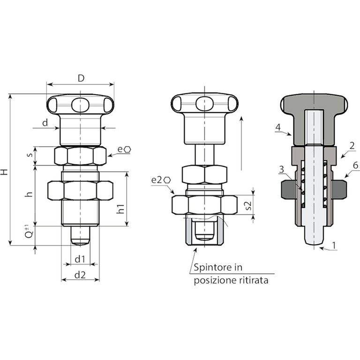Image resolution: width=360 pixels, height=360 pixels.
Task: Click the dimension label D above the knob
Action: tap(81, 78)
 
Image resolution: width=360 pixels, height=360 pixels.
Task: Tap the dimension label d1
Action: tap(80, 259)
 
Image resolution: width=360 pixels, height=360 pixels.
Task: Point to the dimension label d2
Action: tap(80, 275)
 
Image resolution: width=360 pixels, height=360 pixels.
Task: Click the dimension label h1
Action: tap(120, 209)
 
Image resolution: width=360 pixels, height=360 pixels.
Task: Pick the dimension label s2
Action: tap(248, 205)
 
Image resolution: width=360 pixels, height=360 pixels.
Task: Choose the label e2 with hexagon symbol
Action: tap(161, 180)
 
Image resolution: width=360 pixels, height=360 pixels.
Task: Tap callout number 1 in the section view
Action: tap(334, 245)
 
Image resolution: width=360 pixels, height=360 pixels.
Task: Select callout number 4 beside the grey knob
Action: tap(278, 127)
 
